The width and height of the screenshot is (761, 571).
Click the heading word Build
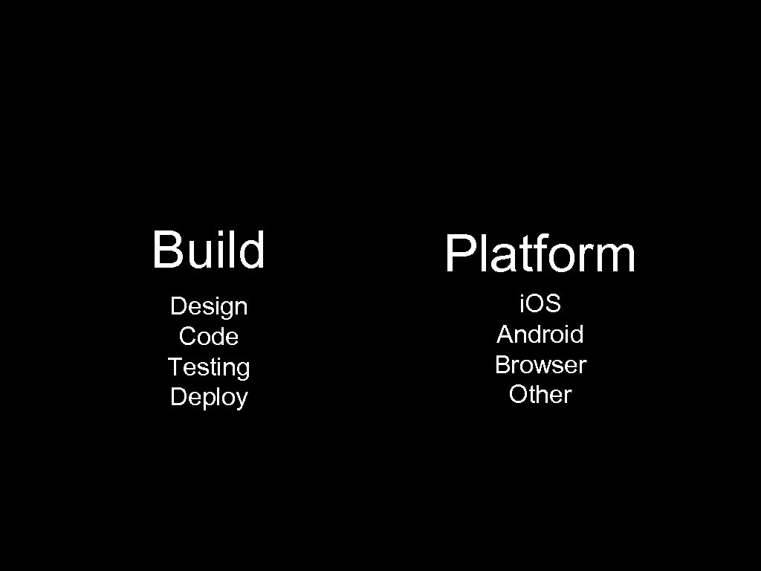click(208, 250)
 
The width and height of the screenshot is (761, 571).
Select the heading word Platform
click(540, 254)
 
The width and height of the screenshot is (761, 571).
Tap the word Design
click(208, 306)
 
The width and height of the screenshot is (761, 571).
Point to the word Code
click(208, 337)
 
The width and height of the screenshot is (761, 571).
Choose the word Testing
click(208, 367)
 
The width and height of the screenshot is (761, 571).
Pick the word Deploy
click(208, 397)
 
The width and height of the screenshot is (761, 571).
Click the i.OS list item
click(540, 303)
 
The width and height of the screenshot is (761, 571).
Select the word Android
click(540, 335)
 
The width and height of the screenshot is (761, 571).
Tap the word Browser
click(540, 365)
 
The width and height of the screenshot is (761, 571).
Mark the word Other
click(540, 395)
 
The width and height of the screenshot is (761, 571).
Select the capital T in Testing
click(175, 367)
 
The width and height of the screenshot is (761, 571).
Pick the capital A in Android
click(505, 335)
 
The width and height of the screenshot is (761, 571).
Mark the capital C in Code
click(187, 337)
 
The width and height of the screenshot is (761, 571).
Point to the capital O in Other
click(518, 395)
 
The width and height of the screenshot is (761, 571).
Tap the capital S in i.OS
click(552, 303)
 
